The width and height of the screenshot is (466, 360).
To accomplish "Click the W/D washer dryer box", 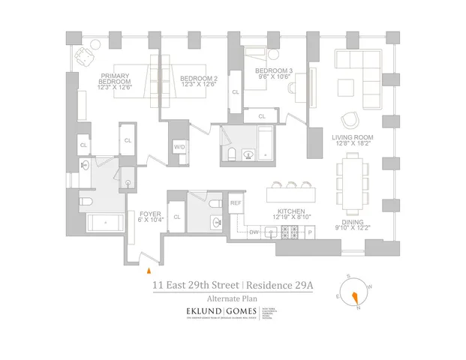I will [180, 147].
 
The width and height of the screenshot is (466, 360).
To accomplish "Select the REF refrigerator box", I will [235, 203].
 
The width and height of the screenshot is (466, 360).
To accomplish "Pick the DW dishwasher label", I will [254, 232].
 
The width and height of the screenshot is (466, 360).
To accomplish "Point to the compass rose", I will [355, 293].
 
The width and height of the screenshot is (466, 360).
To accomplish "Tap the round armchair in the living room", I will [350, 121].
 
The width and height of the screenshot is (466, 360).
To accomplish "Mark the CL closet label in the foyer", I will [176, 217].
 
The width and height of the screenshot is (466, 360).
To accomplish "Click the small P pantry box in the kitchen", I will [310, 233].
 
